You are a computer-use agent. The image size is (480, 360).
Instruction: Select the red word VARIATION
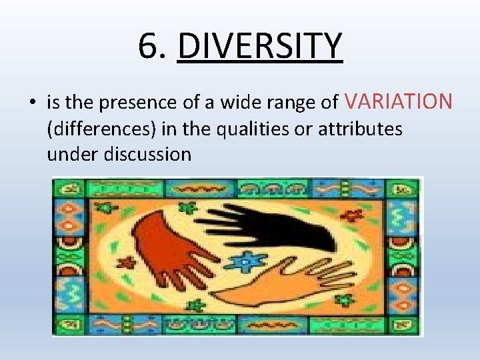tap(399, 102)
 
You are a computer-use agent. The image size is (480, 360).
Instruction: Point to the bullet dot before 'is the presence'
tap(32, 103)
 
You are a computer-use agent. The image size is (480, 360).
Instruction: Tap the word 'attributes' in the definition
tap(360, 129)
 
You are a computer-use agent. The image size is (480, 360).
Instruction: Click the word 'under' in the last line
tap(70, 155)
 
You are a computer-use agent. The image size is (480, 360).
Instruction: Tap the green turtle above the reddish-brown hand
tap(188, 207)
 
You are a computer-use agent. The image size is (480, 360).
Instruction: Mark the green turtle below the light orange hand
tap(195, 305)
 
